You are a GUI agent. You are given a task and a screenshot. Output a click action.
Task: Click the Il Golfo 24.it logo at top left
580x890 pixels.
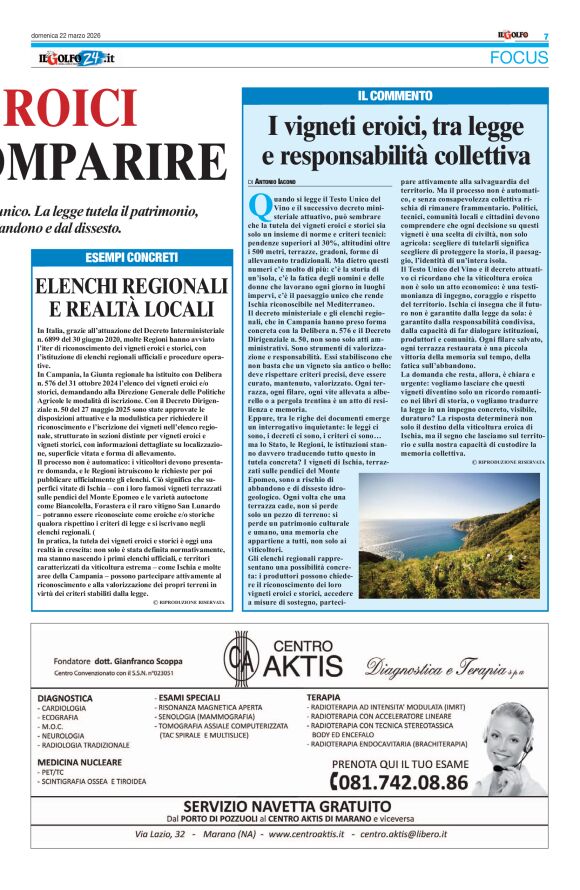(71, 58)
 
